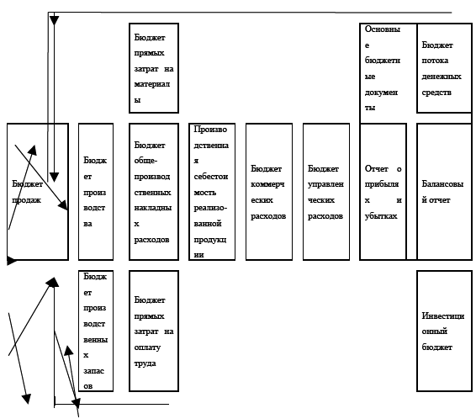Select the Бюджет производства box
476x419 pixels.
point(96,192)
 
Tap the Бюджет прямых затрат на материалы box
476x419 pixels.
point(154,68)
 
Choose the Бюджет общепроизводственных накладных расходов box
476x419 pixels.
point(154,192)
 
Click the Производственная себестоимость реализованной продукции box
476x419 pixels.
point(212,192)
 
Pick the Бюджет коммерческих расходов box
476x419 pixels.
point(269,192)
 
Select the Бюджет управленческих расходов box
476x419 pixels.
point(326,192)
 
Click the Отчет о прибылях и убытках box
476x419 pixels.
point(383,192)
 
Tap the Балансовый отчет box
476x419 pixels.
point(444,192)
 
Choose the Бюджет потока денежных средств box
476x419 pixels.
point(444,68)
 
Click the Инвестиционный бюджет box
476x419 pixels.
point(444,331)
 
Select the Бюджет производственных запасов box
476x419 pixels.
point(96,331)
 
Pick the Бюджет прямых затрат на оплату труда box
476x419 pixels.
point(154,331)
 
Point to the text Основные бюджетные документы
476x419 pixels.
point(382,68)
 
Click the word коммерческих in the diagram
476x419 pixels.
point(267,192)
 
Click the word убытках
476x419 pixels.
point(381,216)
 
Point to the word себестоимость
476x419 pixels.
point(211,184)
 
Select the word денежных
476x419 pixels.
point(442,77)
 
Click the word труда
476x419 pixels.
point(145,363)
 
